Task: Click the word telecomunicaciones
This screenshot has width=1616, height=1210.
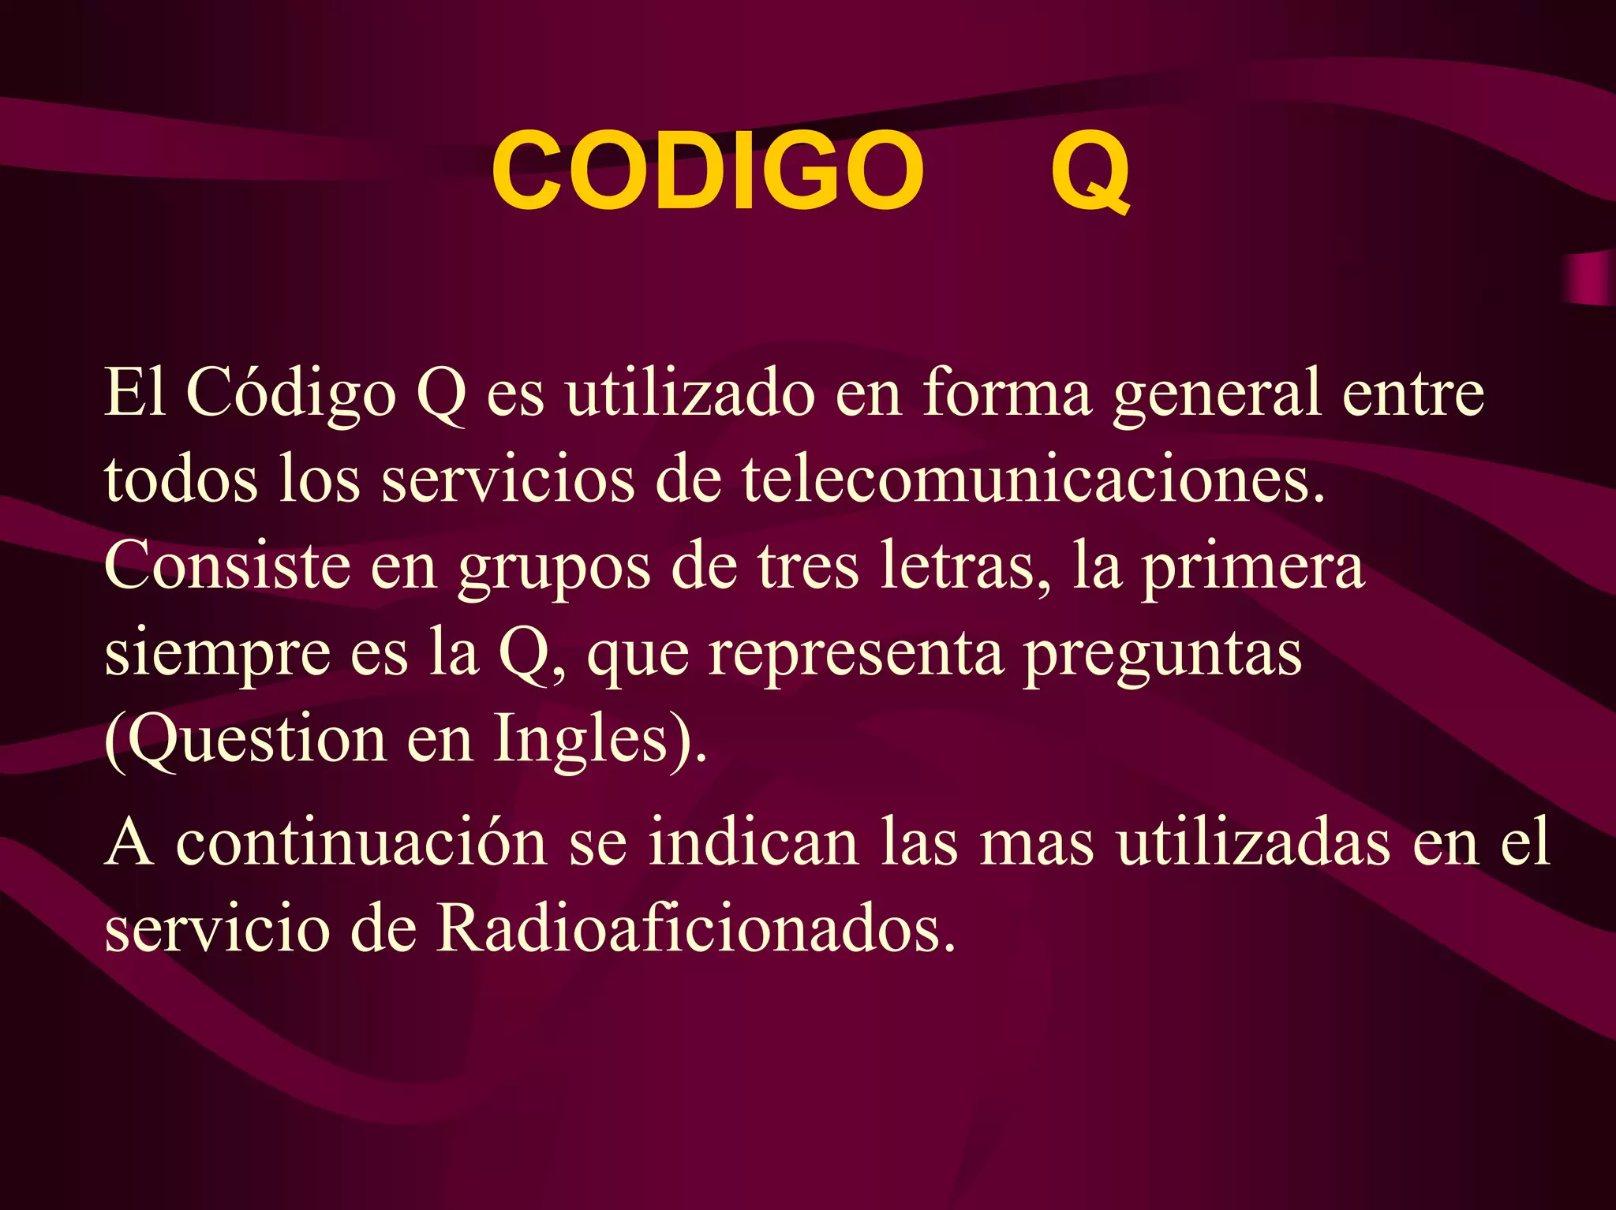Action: tap(1033, 480)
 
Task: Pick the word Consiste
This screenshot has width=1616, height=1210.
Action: tap(227, 565)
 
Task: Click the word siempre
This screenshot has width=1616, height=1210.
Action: tap(217, 655)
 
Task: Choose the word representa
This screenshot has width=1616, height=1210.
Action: tap(855, 655)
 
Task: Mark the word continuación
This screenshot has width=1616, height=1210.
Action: tap(361, 842)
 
